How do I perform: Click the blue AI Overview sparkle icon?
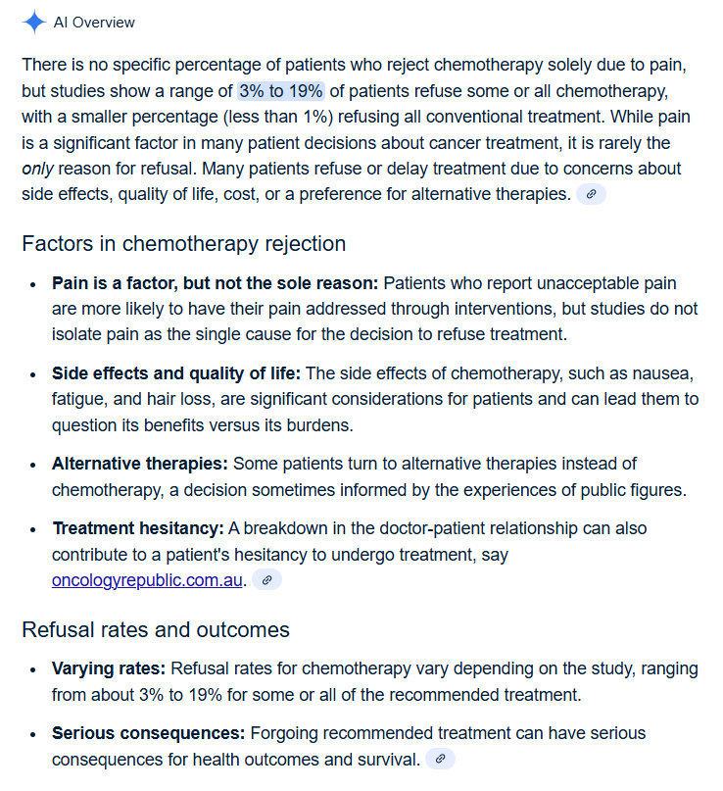34,22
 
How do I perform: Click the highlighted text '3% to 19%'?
280,91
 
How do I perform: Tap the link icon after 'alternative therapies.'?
591,194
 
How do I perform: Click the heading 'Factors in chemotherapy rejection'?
183,243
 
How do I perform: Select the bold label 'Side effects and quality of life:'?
176,373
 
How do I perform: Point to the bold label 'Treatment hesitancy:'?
138,528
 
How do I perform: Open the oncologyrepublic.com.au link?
147,579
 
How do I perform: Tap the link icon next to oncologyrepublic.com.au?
266,580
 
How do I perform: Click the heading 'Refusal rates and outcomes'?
156,629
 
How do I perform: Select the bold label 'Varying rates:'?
109,669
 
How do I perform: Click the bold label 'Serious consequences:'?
149,733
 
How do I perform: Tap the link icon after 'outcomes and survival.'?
440,759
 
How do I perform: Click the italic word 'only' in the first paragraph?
36,169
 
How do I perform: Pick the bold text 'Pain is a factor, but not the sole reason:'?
215,283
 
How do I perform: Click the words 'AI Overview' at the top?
94,22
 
